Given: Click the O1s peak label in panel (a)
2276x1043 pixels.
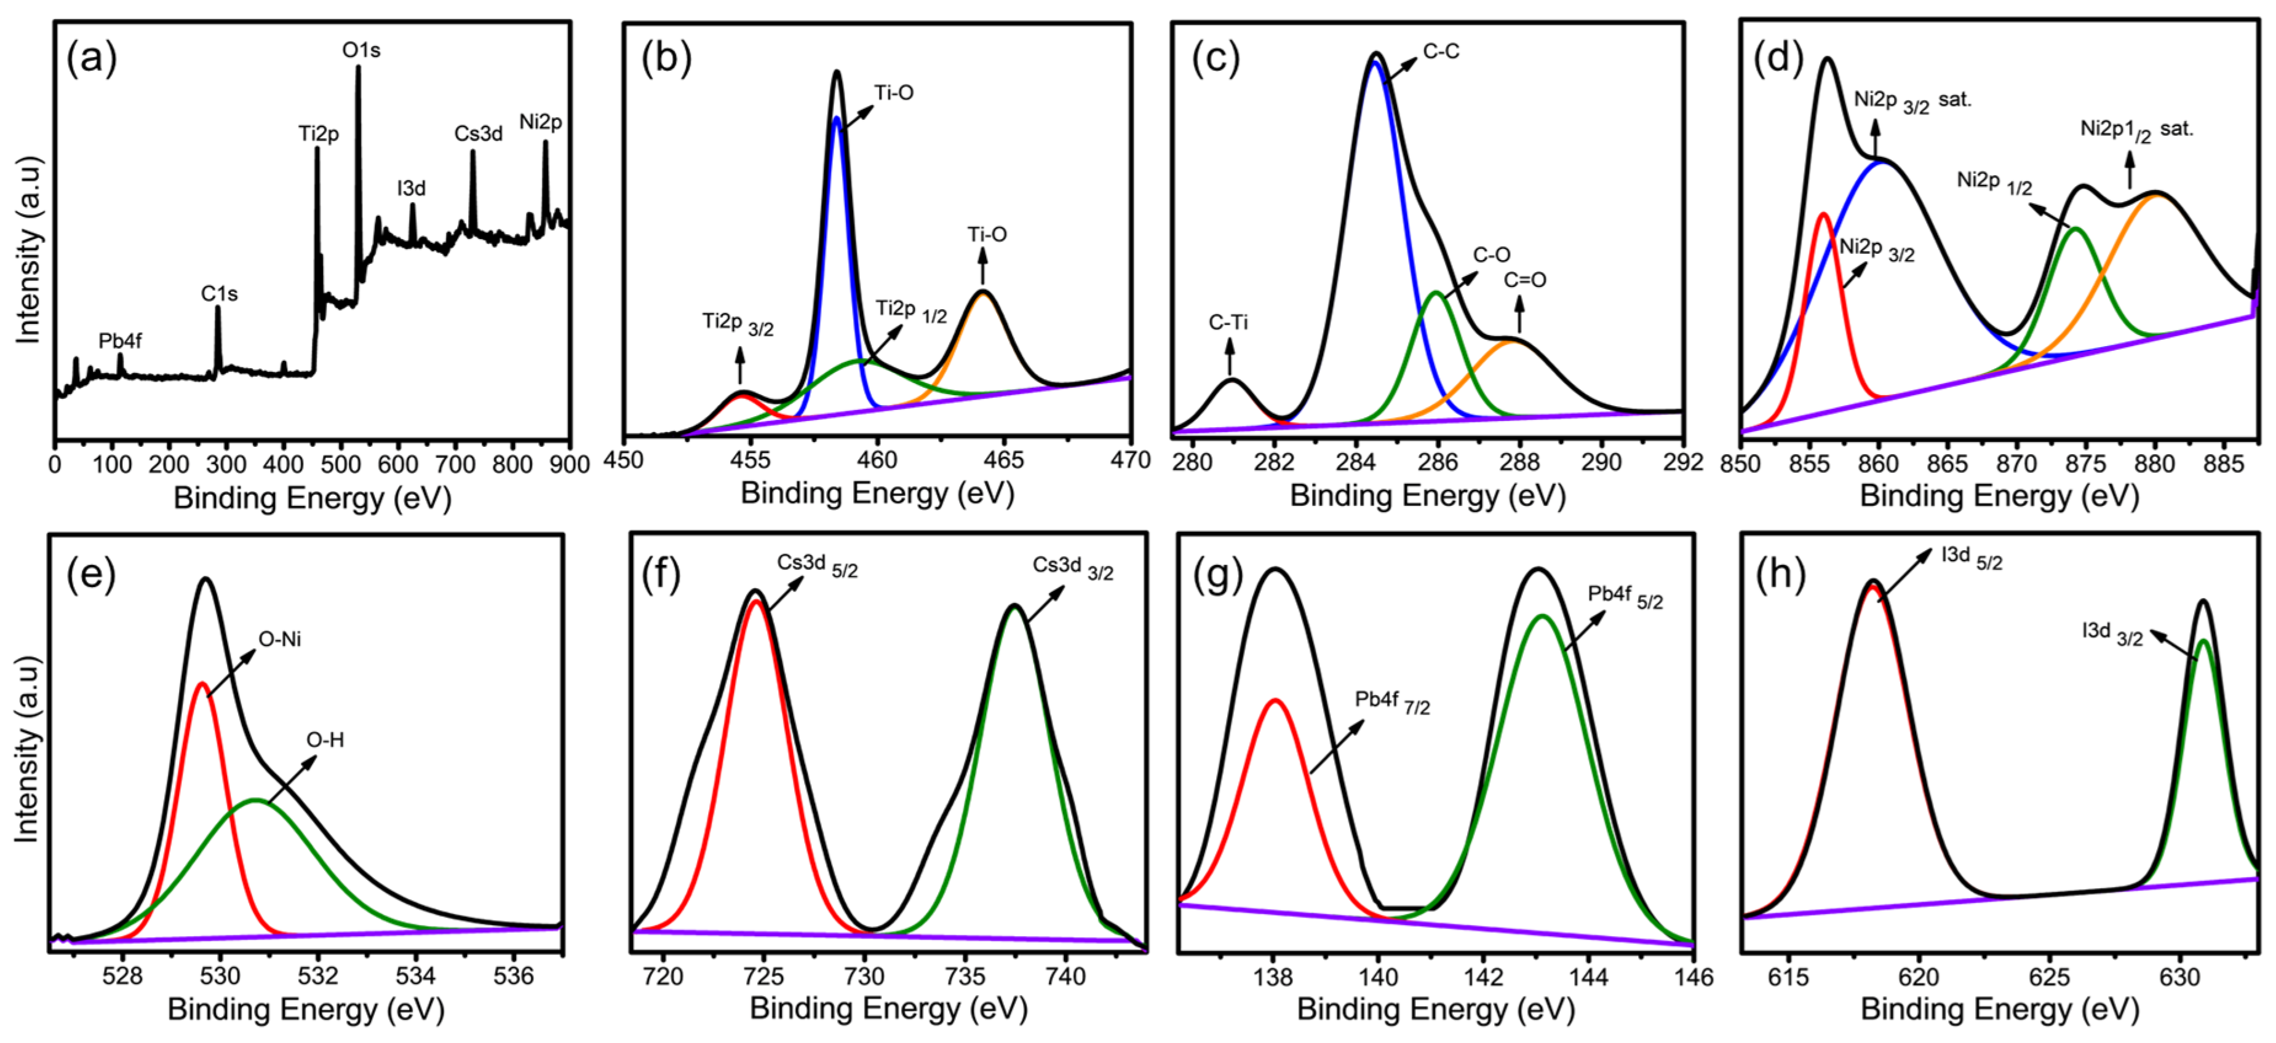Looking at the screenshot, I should coord(361,51).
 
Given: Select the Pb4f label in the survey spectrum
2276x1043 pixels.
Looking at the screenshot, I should coord(120,341).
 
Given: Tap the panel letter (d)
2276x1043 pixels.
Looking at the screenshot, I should coord(1778,58).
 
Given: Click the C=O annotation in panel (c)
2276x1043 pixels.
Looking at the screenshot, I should coord(1525,281).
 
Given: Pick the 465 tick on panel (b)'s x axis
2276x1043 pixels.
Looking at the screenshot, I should coord(1004,460).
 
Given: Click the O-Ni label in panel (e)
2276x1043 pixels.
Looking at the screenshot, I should coord(279,639).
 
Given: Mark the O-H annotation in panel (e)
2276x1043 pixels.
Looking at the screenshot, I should coord(325,740).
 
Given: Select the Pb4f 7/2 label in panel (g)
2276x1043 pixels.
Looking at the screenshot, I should coord(1391,702).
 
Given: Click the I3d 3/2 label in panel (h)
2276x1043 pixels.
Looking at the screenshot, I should coord(2112,633).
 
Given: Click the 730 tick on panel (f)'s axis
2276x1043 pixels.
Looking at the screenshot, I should coord(864,977).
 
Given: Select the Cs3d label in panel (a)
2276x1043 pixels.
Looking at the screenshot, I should coord(478,134).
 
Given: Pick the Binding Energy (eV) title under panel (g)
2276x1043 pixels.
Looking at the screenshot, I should coord(1436,1009).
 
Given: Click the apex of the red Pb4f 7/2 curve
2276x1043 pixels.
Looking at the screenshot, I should coord(1275,700).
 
